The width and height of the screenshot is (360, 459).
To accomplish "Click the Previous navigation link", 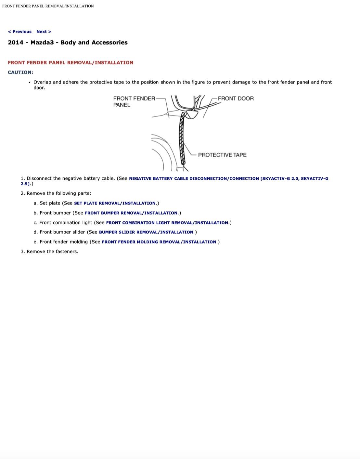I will (x=20, y=32).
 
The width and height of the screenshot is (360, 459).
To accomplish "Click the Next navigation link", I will (x=44, y=32).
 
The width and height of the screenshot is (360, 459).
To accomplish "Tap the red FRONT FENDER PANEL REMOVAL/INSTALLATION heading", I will (x=71, y=62).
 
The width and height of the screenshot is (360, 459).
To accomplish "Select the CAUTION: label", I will (x=20, y=72).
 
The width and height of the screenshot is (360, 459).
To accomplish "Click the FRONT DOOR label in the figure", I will (x=236, y=98).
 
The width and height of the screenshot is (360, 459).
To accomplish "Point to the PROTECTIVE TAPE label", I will (x=222, y=155).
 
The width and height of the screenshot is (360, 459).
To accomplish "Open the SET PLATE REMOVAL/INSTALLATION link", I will (x=115, y=203).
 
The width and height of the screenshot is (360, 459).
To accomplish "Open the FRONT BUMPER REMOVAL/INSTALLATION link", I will (x=131, y=213).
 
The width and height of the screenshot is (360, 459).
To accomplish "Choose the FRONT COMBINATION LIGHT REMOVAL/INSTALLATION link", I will (x=167, y=223).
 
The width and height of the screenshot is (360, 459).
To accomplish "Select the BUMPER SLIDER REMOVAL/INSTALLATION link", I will (x=146, y=232).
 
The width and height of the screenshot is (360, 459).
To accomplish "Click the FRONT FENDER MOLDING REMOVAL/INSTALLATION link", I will (x=159, y=242).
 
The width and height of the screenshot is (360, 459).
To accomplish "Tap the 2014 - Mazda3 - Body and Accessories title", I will (x=68, y=42).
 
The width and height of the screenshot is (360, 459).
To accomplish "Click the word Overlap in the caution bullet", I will (x=42, y=82).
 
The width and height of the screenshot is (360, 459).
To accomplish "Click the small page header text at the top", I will (x=48, y=6).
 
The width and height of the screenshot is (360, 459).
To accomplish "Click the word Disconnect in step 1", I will (x=39, y=178).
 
